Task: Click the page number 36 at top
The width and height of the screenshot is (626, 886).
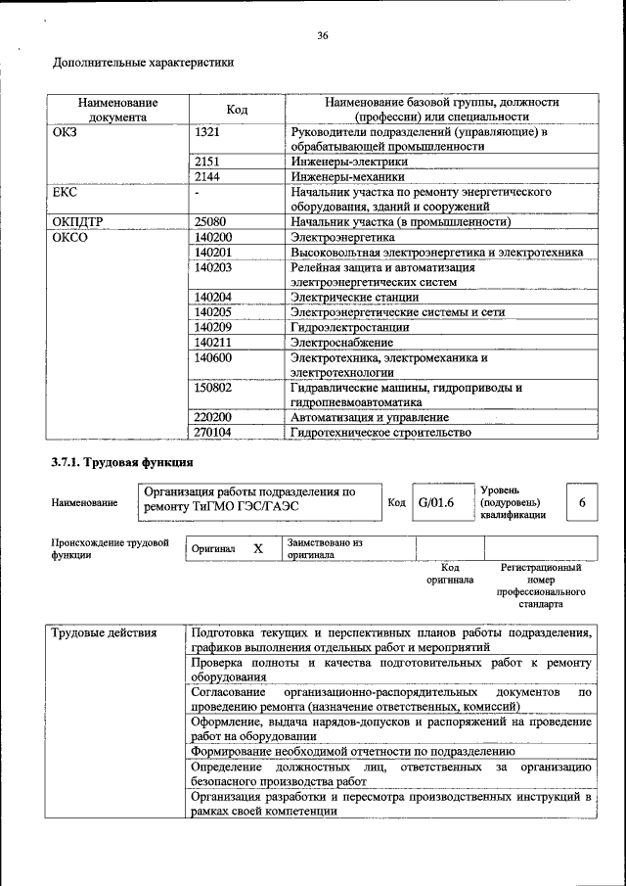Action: [322, 36]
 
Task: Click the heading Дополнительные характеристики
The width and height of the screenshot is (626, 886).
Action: [143, 64]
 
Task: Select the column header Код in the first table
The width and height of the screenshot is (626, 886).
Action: [237, 109]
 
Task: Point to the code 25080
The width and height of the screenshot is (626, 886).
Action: [211, 222]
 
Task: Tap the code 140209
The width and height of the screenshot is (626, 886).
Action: [214, 327]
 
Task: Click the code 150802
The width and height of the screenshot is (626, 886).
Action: [214, 388]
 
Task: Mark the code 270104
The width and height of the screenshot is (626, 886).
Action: [214, 432]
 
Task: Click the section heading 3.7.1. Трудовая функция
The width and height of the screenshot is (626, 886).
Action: [122, 461]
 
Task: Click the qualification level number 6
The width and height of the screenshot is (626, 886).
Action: [582, 502]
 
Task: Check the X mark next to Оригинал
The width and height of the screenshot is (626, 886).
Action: [258, 549]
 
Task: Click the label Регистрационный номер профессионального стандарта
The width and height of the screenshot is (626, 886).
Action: [541, 585]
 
